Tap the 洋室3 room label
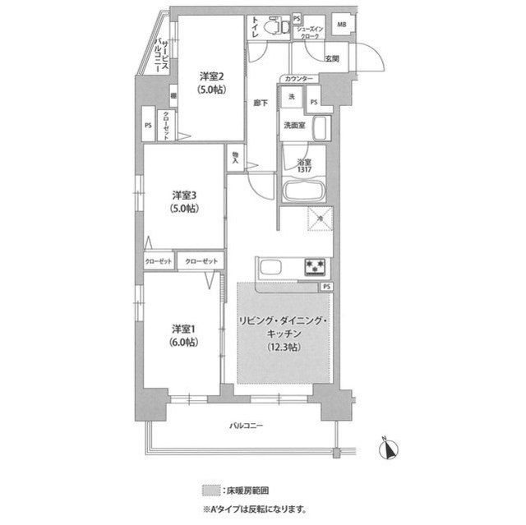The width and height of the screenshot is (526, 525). (182, 196)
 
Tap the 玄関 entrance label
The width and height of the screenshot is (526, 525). (331, 58)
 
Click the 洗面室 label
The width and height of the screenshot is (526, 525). (293, 126)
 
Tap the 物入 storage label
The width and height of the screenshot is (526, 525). (236, 155)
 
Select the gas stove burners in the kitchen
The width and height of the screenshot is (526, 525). (315, 265)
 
